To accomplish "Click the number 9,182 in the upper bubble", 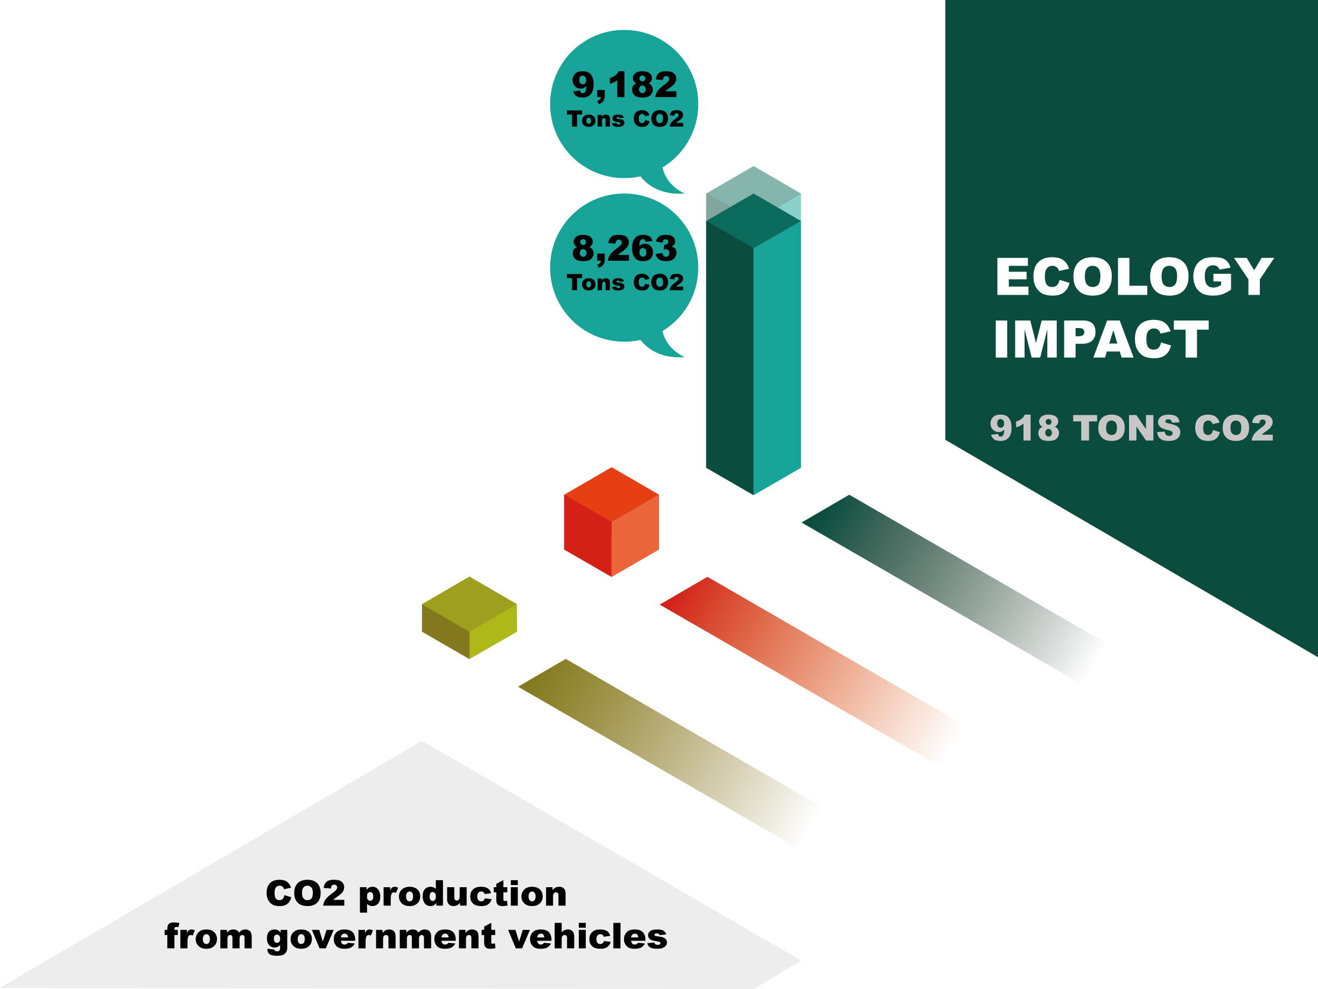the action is [x=625, y=85].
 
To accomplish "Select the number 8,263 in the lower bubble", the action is [x=625, y=248].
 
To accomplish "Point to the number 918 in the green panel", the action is [x=1025, y=428].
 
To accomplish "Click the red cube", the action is [x=611, y=522].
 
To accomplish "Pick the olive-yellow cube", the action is [x=469, y=618].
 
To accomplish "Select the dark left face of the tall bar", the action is [x=730, y=358].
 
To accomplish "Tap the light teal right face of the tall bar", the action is [x=777, y=358].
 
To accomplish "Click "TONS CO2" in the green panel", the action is [x=1173, y=428].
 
